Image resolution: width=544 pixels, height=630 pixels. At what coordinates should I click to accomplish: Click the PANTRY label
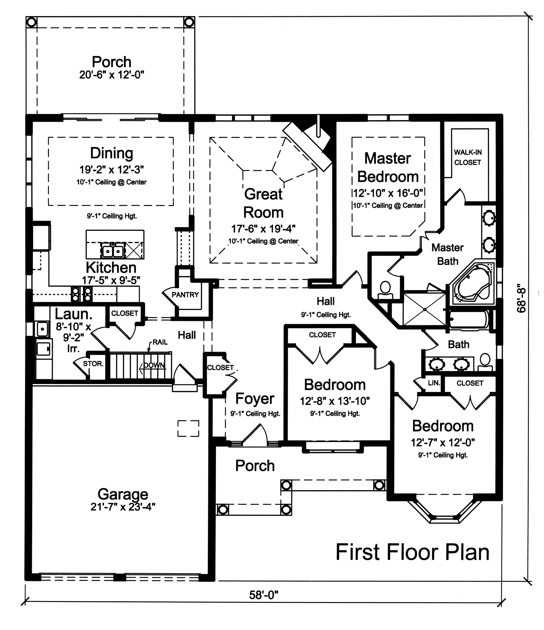pos(185,295)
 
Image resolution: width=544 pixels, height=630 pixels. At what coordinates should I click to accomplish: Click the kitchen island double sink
pos(113,251)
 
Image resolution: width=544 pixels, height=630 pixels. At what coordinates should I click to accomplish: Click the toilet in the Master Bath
pos(385,290)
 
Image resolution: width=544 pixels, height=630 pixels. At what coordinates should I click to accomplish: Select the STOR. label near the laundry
pos(93,364)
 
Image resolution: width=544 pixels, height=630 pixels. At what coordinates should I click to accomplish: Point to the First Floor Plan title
pos(412,553)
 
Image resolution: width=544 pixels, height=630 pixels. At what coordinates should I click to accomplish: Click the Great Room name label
pos(263,203)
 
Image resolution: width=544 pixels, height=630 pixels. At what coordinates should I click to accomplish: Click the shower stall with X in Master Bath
pos(424,309)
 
